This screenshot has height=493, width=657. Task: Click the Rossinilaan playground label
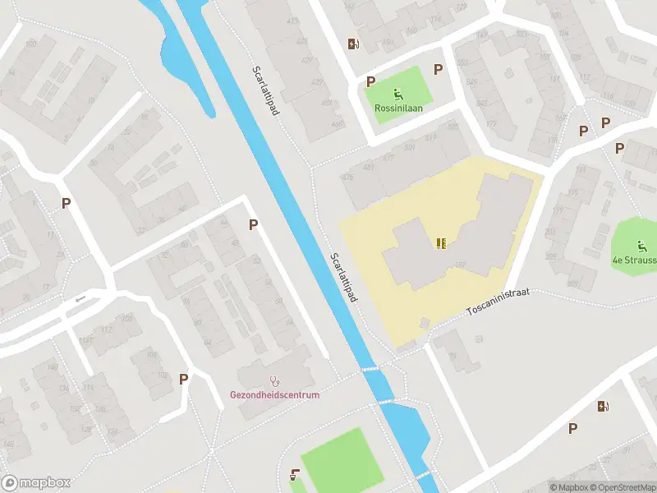pyautogui.click(x=399, y=108)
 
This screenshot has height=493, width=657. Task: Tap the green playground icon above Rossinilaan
pyautogui.click(x=399, y=94)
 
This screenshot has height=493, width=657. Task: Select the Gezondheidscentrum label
pyautogui.click(x=274, y=394)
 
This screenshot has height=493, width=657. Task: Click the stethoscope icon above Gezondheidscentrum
pyautogui.click(x=274, y=381)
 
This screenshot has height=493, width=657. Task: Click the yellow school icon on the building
pyautogui.click(x=442, y=242)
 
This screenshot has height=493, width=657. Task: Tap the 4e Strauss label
pyautogui.click(x=634, y=260)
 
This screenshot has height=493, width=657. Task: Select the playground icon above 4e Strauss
pyautogui.click(x=641, y=245)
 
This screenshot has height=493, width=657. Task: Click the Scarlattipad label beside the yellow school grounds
pyautogui.click(x=342, y=277)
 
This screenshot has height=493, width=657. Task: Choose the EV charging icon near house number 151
pyautogui.click(x=353, y=44)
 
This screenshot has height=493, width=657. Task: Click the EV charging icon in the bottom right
pyautogui.click(x=603, y=406)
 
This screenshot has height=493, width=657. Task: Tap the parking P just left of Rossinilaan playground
pyautogui.click(x=371, y=81)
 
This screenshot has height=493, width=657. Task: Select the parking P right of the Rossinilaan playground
pyautogui.click(x=439, y=70)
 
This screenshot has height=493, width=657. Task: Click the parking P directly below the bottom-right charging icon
pyautogui.click(x=572, y=427)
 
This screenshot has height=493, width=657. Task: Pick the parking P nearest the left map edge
pyautogui.click(x=66, y=203)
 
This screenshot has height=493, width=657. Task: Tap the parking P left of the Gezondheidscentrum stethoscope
pyautogui.click(x=184, y=379)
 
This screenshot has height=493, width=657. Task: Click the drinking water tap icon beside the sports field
pyautogui.click(x=295, y=474)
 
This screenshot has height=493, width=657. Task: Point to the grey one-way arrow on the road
pyautogui.click(x=80, y=299)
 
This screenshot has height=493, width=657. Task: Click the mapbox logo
pyautogui.click(x=36, y=482)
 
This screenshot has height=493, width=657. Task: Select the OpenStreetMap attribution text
pyautogui.click(x=621, y=487)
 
